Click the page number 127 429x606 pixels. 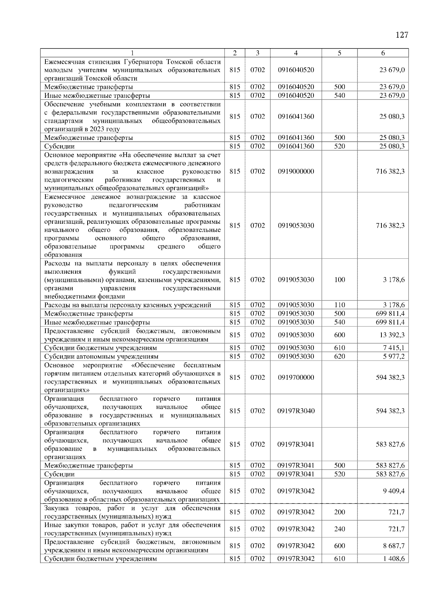click(x=402, y=35)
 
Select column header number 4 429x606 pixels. click(x=296, y=53)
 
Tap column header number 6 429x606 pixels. click(x=383, y=53)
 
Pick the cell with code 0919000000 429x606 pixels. click(x=296, y=171)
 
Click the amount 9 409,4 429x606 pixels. click(x=394, y=491)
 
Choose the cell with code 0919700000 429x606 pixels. click(x=296, y=378)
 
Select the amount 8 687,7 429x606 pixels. click(x=394, y=546)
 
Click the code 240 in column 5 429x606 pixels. click(x=339, y=529)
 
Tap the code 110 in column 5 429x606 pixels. click(x=339, y=305)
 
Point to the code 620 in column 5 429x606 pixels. click(x=339, y=357)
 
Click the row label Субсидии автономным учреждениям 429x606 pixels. click(x=101, y=357)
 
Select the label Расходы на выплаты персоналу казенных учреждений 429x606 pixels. click(x=128, y=305)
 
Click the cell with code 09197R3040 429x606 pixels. click(x=296, y=411)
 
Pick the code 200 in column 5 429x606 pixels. click(x=339, y=512)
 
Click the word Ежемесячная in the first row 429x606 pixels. click(x=64, y=62)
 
